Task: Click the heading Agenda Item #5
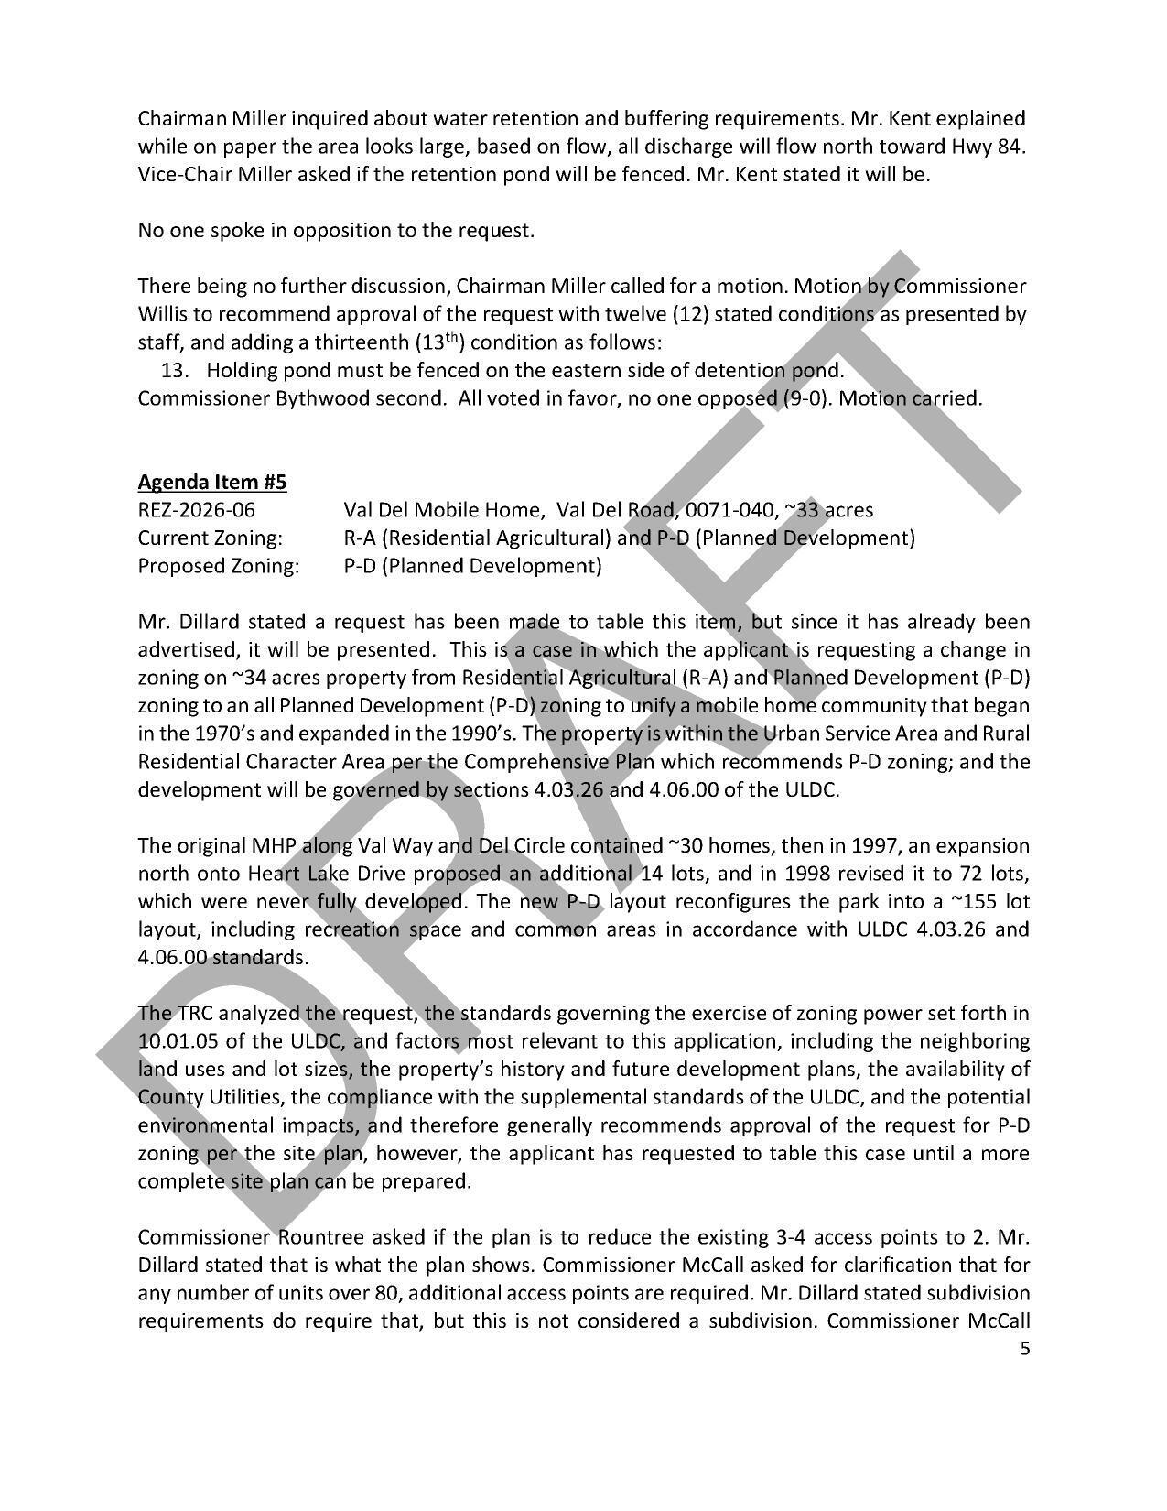point(212,482)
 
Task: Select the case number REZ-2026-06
point(196,510)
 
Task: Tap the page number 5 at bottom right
point(1024,1348)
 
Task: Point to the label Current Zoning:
point(210,538)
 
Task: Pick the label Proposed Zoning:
point(218,566)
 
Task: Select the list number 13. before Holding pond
point(174,371)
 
